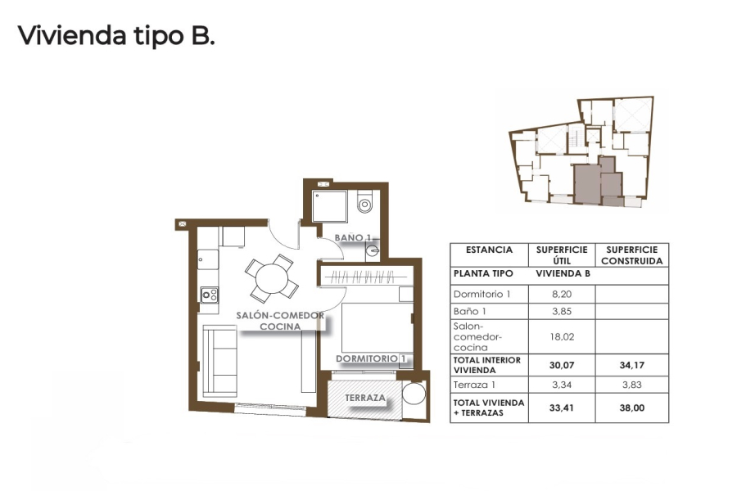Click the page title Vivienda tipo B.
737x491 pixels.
click(x=116, y=36)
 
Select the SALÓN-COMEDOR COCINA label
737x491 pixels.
click(x=280, y=321)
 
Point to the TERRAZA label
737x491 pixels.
click(x=365, y=398)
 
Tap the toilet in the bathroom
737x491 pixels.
click(x=365, y=200)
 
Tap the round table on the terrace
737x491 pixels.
click(x=415, y=396)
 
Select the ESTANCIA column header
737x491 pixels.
click(x=489, y=250)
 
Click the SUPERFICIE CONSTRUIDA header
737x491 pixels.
click(x=631, y=255)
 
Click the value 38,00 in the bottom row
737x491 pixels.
click(x=631, y=408)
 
